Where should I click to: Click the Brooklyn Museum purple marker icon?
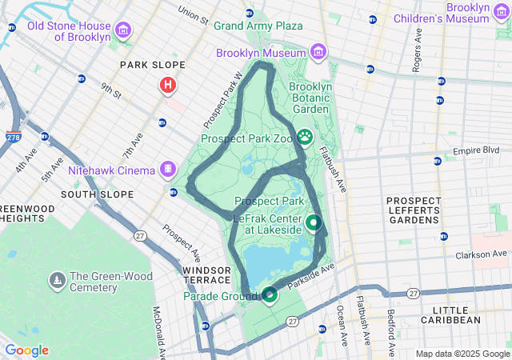point(319,53)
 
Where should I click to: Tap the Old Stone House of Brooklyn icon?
point(123,31)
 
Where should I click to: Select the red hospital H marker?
point(168,85)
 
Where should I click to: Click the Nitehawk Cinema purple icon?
point(167,169)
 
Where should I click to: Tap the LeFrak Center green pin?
point(314,222)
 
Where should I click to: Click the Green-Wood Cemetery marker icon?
point(57,281)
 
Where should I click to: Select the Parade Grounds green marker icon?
point(270,295)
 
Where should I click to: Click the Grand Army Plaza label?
point(258,26)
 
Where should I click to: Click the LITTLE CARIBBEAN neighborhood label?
point(456,314)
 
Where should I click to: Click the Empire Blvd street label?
point(476,150)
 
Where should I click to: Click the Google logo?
point(26,350)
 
